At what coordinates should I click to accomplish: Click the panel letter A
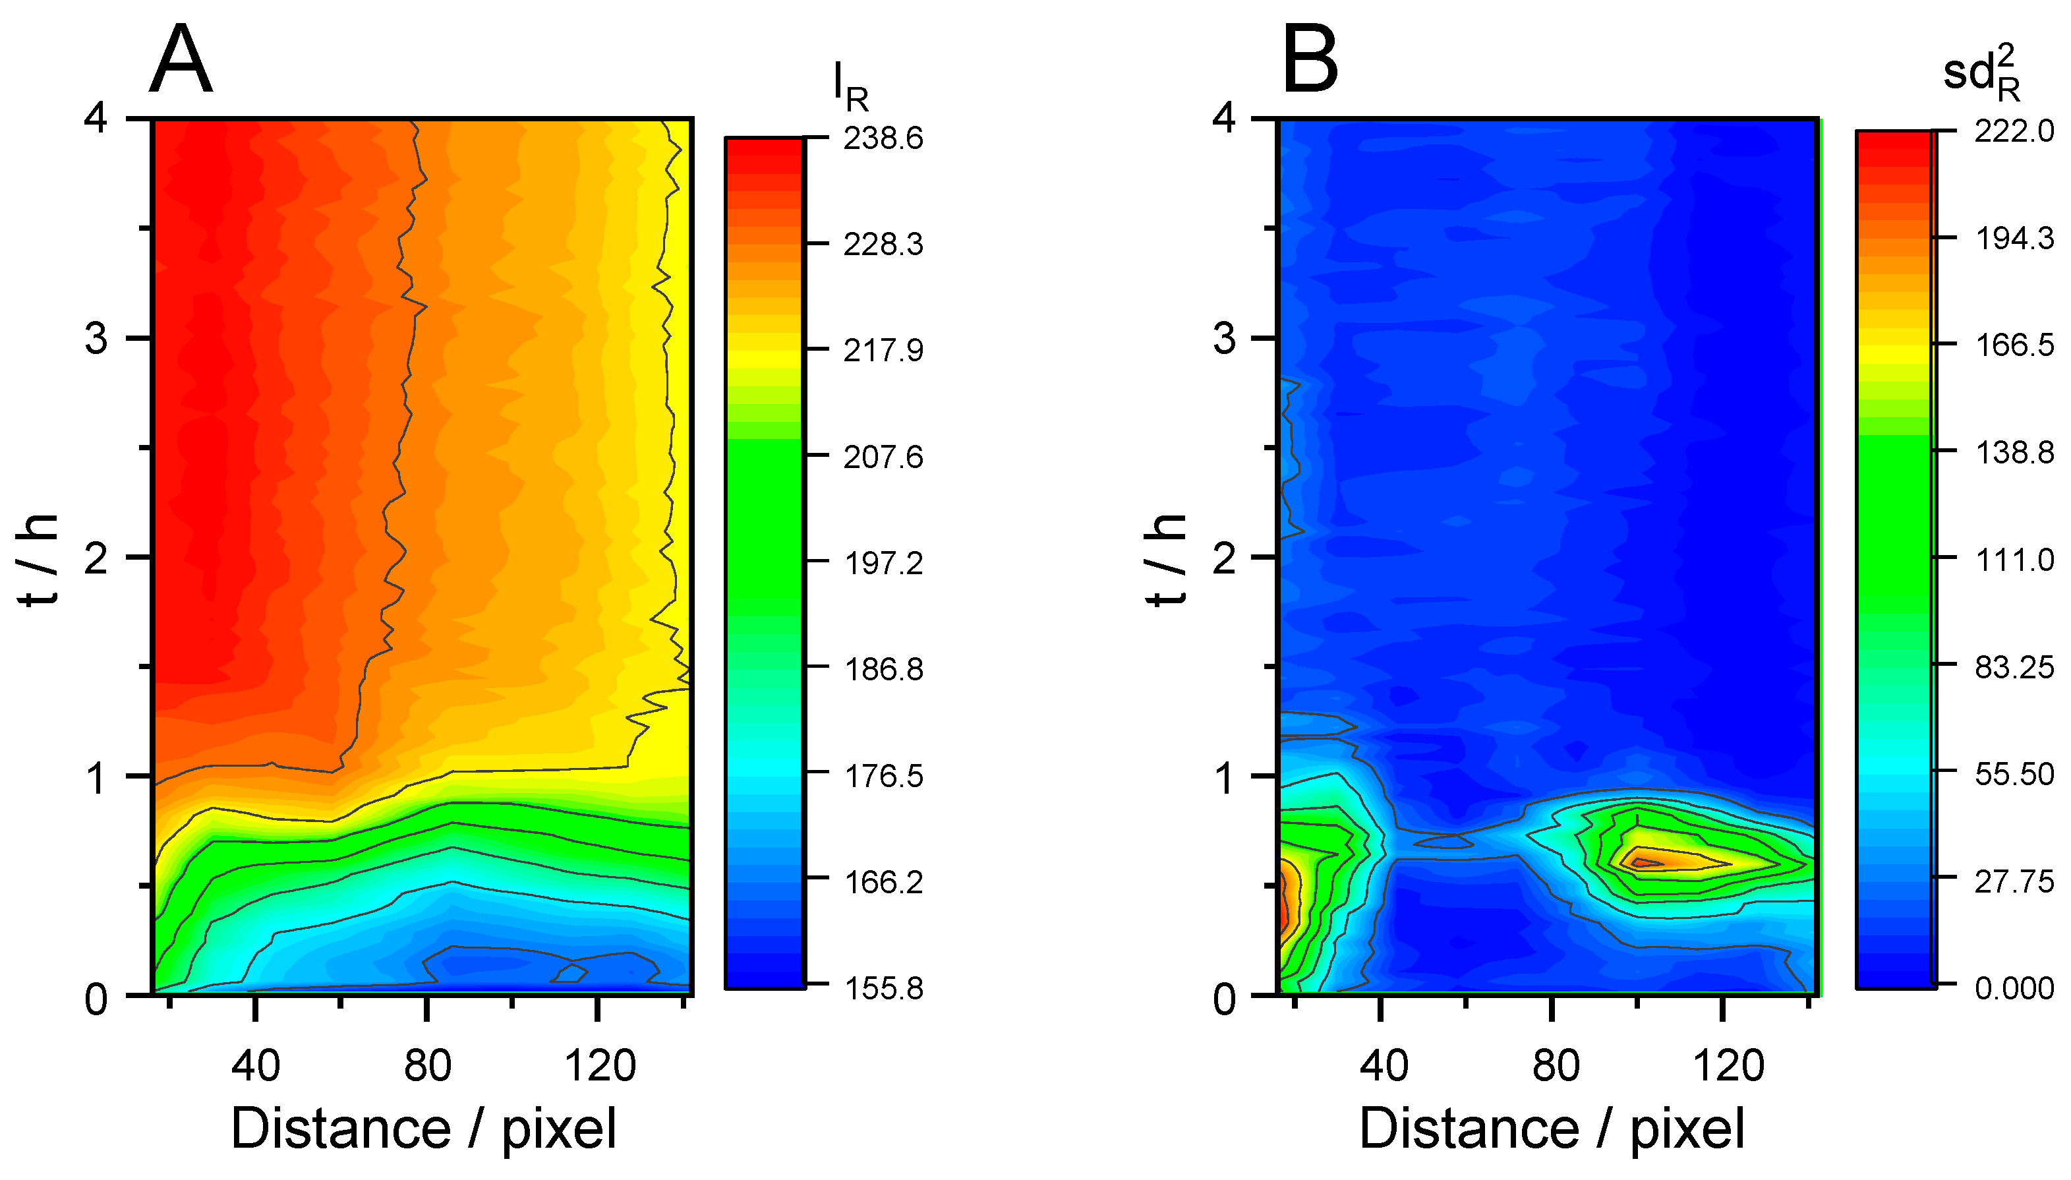(181, 61)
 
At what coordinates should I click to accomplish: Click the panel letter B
(1310, 61)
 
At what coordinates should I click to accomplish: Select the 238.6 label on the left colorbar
(883, 138)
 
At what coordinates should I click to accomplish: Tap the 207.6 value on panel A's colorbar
(883, 457)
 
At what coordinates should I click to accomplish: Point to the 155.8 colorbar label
(883, 988)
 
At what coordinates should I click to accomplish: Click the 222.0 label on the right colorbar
(2014, 131)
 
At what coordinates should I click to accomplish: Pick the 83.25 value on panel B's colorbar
(2014, 667)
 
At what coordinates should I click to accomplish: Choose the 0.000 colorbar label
(2014, 988)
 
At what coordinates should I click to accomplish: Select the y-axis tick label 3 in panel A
(96, 338)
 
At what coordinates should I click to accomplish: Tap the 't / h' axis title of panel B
(1166, 559)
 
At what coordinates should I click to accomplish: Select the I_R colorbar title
(851, 88)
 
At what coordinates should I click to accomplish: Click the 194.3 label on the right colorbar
(2014, 238)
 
